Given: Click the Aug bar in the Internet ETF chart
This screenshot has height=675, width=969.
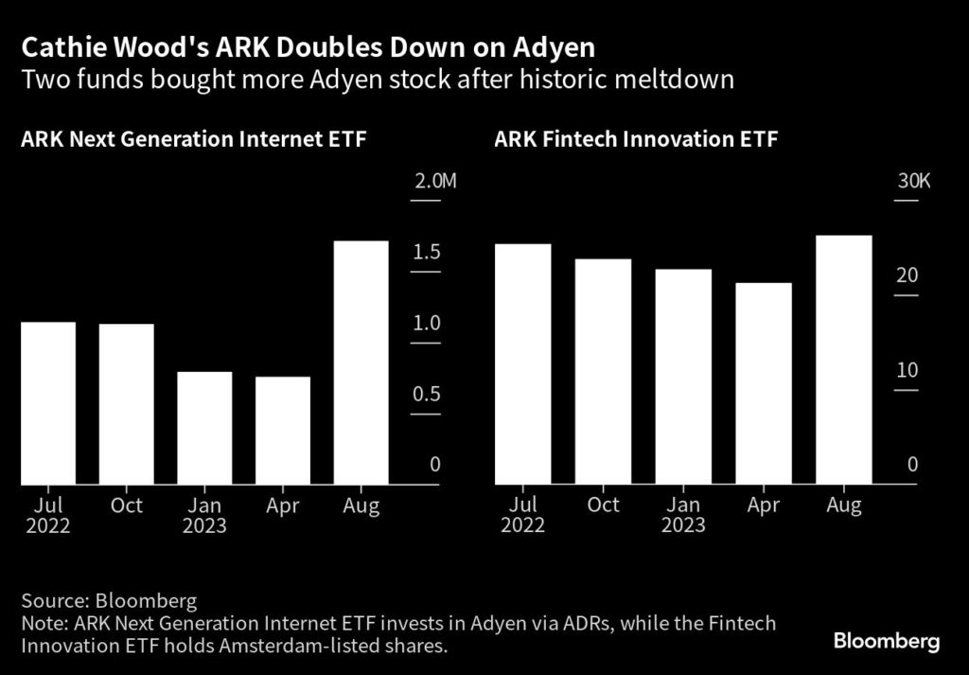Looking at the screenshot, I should pyautogui.click(x=361, y=363).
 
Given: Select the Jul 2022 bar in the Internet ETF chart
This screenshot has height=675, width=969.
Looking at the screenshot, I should pyautogui.click(x=48, y=403).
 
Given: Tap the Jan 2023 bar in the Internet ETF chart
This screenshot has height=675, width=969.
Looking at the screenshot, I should pyautogui.click(x=204, y=428).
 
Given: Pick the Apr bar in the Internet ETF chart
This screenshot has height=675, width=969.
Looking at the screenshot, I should pyautogui.click(x=283, y=431).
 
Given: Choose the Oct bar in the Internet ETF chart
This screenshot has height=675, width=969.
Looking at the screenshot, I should pyautogui.click(x=127, y=404).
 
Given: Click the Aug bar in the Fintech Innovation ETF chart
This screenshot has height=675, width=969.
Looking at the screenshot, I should pyautogui.click(x=844, y=360).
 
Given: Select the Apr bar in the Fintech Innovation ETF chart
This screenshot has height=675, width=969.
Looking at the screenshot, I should pyautogui.click(x=764, y=383).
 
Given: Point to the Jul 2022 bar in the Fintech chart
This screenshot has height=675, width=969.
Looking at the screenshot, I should pyautogui.click(x=522, y=364).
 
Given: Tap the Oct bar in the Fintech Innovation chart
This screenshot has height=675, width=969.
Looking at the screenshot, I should pyautogui.click(x=603, y=372).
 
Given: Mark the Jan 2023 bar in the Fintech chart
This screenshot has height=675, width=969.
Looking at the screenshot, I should pyautogui.click(x=683, y=377).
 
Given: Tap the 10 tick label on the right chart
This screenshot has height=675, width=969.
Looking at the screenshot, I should pyautogui.click(x=907, y=369).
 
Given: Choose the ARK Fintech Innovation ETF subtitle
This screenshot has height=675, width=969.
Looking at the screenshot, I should pyautogui.click(x=636, y=140).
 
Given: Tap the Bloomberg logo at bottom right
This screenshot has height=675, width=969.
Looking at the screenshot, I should pyautogui.click(x=887, y=642).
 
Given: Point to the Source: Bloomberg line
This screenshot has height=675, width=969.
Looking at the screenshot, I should pyautogui.click(x=109, y=601).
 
